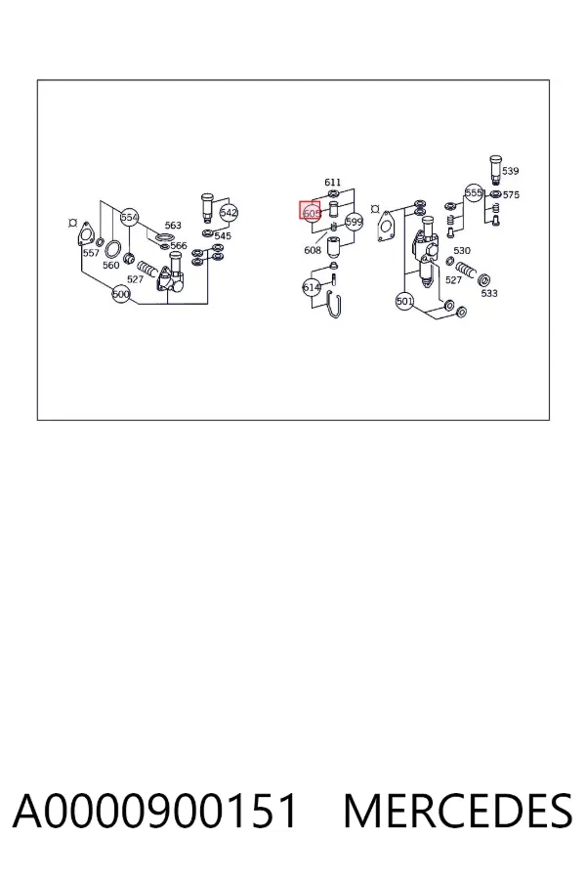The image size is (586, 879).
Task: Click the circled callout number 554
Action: (129, 217)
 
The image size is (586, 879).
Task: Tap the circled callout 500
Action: (121, 294)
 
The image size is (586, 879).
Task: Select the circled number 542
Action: (229, 213)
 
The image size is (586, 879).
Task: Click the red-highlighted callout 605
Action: (311, 213)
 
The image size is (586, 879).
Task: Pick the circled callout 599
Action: (354, 222)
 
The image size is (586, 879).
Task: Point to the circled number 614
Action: (312, 287)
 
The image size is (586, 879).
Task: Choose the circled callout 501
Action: (404, 301)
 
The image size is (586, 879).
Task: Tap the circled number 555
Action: (474, 192)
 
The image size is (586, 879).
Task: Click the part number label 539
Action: (510, 170)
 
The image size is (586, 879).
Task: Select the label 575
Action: (511, 194)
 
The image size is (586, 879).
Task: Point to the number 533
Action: (489, 293)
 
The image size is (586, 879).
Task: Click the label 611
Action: (332, 183)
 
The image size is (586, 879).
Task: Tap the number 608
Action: (313, 250)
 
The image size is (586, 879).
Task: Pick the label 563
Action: (173, 225)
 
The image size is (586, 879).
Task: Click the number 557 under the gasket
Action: (91, 253)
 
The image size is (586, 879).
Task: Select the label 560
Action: (111, 265)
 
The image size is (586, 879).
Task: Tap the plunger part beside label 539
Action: (494, 170)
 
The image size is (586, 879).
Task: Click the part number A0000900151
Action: (154, 812)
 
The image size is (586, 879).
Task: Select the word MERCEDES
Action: (458, 812)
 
